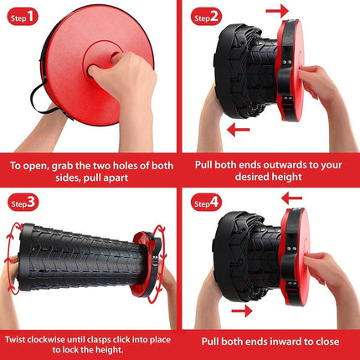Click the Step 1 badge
(x=23, y=18)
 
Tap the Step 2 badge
(x=206, y=17)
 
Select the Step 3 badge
(x=23, y=203)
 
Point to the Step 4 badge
(x=206, y=203)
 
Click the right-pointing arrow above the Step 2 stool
(x=277, y=11)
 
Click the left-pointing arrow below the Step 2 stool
(x=239, y=130)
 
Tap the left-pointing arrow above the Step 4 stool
(x=291, y=198)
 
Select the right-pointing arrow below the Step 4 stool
(x=242, y=311)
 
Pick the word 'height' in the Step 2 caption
(x=286, y=177)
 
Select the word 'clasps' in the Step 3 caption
(x=101, y=340)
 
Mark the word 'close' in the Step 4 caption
(x=324, y=342)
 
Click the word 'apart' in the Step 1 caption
(x=116, y=178)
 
